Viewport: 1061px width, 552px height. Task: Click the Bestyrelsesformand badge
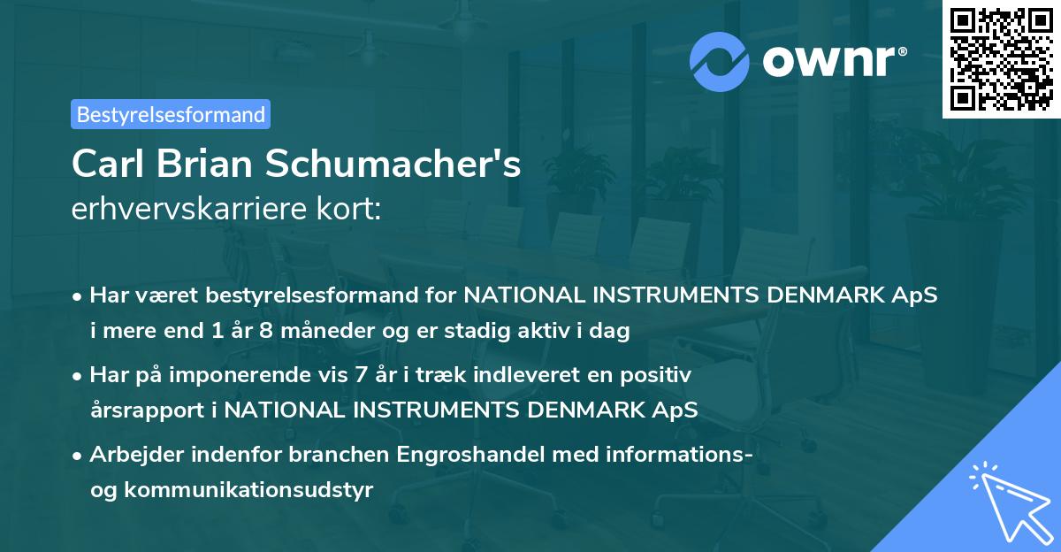(x=171, y=114)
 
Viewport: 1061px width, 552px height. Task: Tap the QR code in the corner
(x=1000, y=59)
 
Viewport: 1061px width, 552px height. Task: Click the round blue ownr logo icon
(x=721, y=62)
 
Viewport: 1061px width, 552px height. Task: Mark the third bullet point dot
(x=79, y=456)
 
